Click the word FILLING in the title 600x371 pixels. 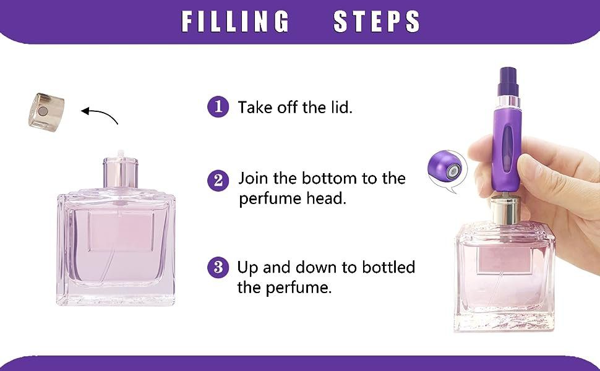click(235, 22)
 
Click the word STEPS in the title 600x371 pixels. click(377, 22)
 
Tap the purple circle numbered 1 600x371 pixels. click(218, 106)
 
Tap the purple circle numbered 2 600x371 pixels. click(218, 180)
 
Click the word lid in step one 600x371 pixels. click(340, 107)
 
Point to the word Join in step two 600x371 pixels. click(253, 179)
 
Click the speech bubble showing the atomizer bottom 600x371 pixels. click(446, 169)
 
